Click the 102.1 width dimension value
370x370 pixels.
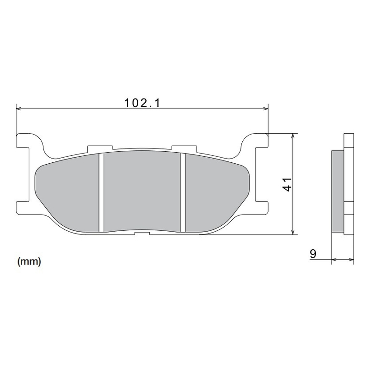click(x=142, y=103)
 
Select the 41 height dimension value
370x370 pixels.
click(x=287, y=184)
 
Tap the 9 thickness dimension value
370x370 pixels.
click(x=313, y=253)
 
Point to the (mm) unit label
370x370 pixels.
click(x=29, y=262)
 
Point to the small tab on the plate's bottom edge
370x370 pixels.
click(x=142, y=233)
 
